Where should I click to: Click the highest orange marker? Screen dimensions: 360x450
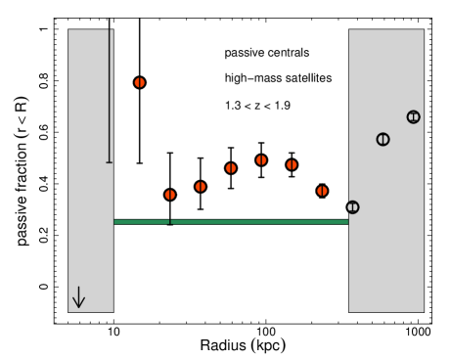pos(140,83)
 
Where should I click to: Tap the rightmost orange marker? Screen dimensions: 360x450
pos(322,191)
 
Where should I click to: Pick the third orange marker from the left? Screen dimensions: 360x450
pos(201,187)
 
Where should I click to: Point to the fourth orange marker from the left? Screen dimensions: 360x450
pos(231,168)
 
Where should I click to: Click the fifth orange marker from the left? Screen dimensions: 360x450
pos(261,160)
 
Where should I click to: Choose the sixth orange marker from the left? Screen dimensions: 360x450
pos(292,165)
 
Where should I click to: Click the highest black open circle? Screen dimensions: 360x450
pos(413,117)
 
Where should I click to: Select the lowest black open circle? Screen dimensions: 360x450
pos(352,207)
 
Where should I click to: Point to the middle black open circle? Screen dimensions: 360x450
pos(382,140)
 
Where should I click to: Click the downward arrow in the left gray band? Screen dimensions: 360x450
pos(79,298)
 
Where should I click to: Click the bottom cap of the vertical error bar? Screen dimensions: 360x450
pos(110,162)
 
